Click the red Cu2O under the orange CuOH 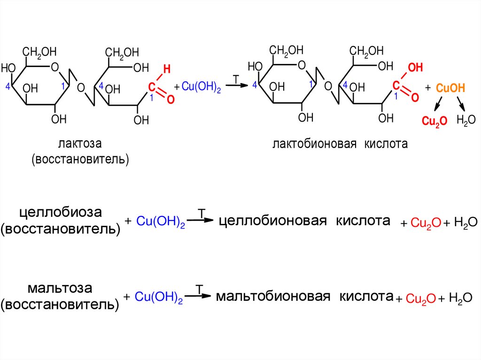click(x=431, y=121)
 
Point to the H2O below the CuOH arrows click(x=465, y=120)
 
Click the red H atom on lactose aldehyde click(x=165, y=70)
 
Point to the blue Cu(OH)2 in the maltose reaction click(x=158, y=297)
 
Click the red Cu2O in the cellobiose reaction click(x=425, y=223)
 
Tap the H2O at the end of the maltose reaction click(x=461, y=298)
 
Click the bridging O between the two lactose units click(x=80, y=88)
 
